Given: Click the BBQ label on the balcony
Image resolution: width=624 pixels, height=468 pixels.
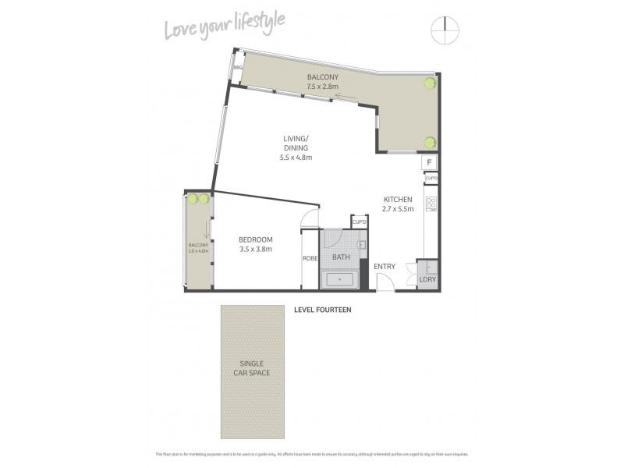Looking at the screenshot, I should [x=239, y=69].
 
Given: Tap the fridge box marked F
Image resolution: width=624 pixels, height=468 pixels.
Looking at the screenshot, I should [x=429, y=162].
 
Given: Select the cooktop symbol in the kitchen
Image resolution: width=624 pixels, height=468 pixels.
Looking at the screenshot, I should [x=429, y=204].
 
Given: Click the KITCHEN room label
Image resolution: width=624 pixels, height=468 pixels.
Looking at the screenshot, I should [x=397, y=199].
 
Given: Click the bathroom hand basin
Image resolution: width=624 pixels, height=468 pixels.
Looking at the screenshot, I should [x=361, y=245].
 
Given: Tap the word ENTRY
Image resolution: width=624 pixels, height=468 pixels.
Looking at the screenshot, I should [x=385, y=267].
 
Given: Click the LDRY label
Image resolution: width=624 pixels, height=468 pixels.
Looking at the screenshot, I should [x=427, y=278].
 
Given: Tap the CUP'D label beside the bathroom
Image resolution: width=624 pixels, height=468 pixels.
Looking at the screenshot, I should [x=359, y=222].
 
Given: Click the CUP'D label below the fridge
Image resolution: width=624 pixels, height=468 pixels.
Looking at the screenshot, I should [x=430, y=179].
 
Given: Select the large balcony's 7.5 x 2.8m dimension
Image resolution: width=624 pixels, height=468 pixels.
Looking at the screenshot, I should [x=323, y=87].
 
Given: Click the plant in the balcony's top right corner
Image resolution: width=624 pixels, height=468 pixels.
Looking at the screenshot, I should [x=429, y=83].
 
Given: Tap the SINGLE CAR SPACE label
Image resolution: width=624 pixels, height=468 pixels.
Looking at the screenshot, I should [x=252, y=368].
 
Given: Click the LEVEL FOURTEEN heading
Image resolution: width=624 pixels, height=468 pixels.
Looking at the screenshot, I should [x=322, y=310].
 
